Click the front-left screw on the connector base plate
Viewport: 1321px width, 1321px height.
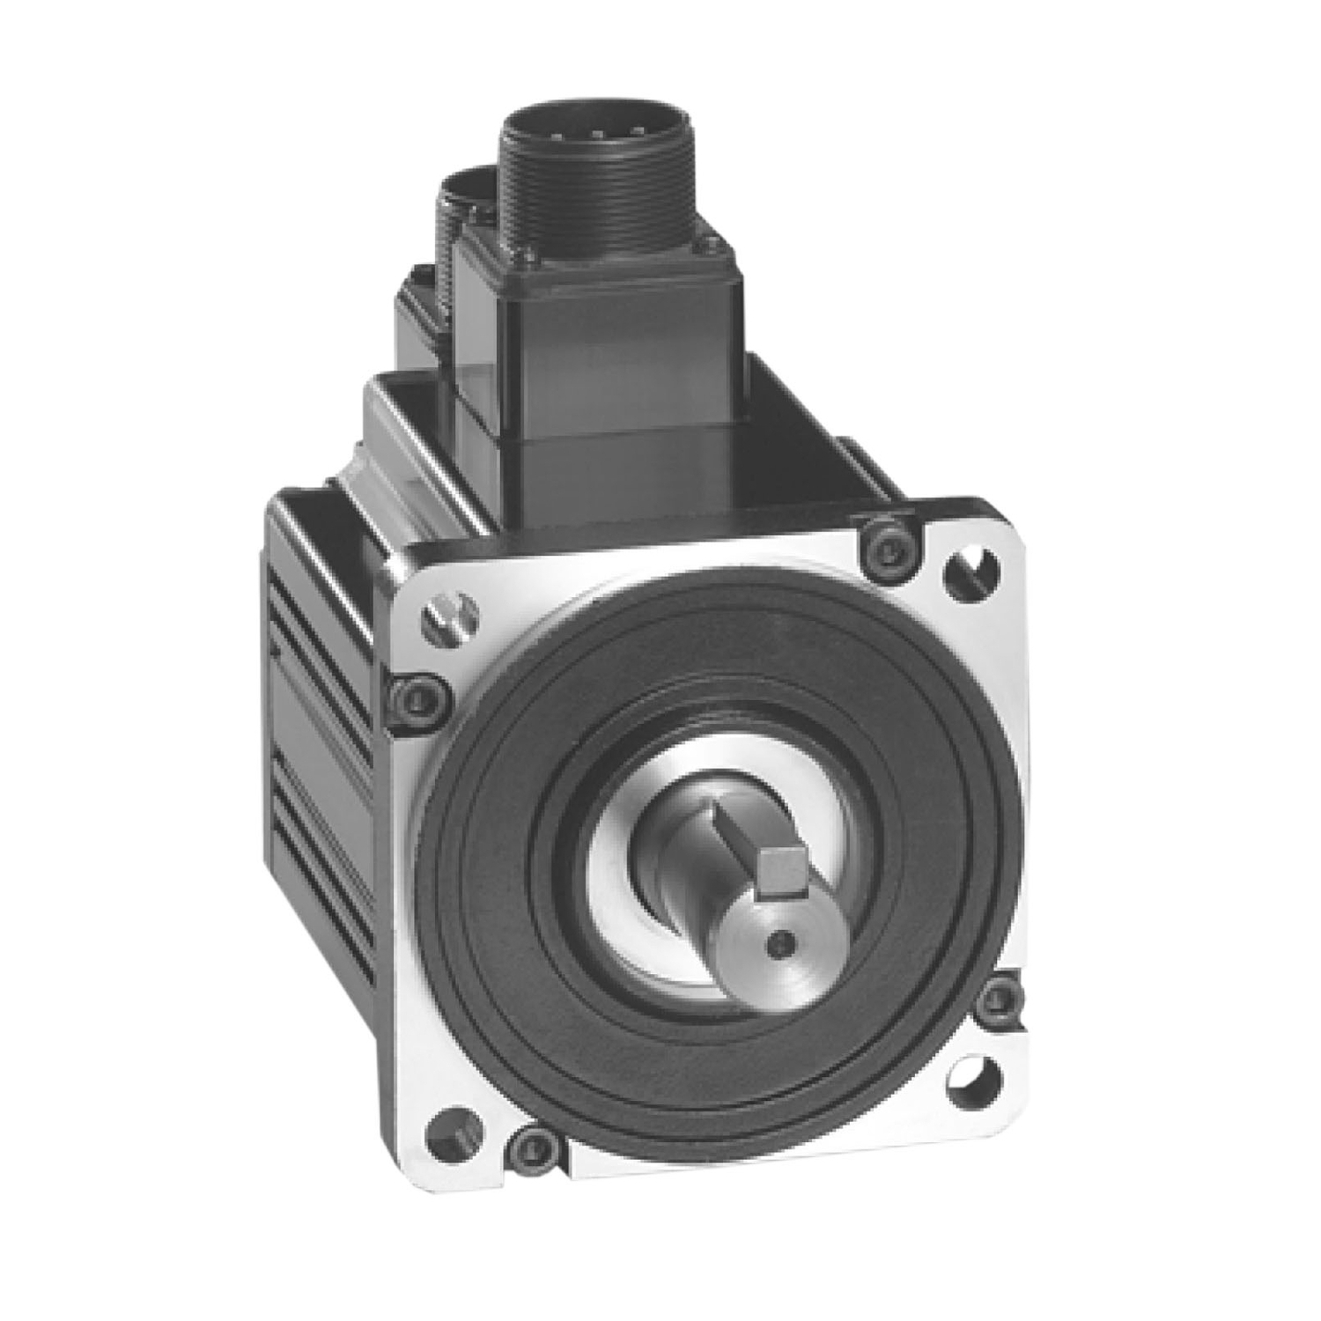480,257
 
